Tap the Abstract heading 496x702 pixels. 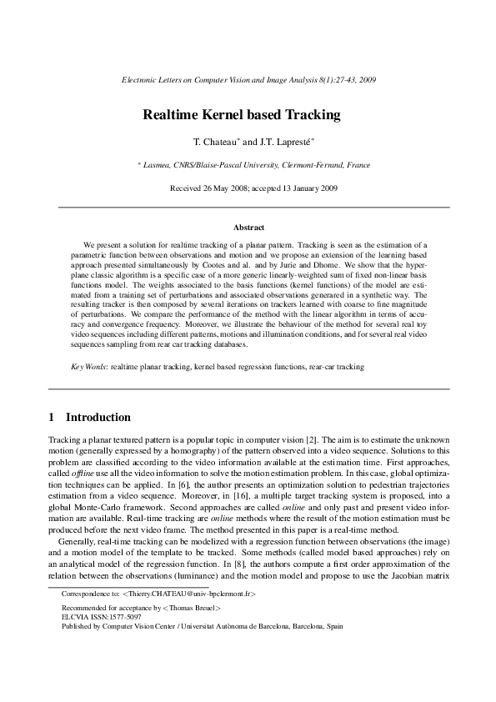pyautogui.click(x=248, y=227)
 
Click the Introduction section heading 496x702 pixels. pyautogui.click(x=98, y=416)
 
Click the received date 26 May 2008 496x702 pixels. pyautogui.click(x=220, y=188)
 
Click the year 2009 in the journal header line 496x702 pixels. pyautogui.click(x=366, y=81)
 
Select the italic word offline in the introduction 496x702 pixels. pyautogui.click(x=78, y=459)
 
